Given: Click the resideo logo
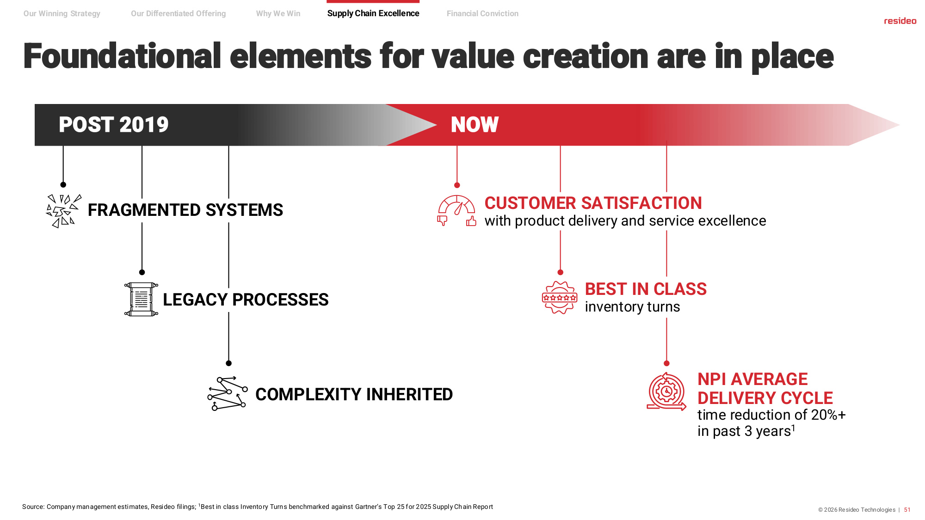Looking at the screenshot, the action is (900, 21).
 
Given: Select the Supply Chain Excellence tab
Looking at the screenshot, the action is (373, 13).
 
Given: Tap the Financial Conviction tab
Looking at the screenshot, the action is (482, 13).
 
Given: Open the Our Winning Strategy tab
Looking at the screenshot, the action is (62, 13).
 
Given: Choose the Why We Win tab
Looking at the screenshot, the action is (278, 13).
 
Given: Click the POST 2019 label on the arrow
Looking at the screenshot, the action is (114, 124).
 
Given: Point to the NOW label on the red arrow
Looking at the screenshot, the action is (475, 124).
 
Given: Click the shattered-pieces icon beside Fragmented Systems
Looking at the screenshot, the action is (64, 211).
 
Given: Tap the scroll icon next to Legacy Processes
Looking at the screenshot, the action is (141, 300).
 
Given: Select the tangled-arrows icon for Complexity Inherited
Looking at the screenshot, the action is (227, 393).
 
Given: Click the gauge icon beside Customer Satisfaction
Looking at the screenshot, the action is (456, 211).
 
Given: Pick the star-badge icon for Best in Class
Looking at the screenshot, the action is (560, 298).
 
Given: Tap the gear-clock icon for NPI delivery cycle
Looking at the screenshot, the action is (666, 392).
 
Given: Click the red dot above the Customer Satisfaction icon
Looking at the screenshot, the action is (457, 185).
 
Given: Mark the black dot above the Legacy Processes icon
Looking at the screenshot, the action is (142, 272).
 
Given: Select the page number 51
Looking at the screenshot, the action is (907, 510).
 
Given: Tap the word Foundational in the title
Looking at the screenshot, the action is (123, 56).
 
